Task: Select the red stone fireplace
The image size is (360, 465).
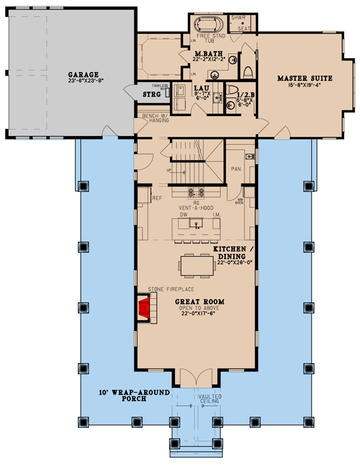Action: click(x=144, y=308)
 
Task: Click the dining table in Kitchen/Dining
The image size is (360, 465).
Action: click(x=197, y=266)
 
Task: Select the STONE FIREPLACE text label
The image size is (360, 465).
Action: click(x=171, y=289)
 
